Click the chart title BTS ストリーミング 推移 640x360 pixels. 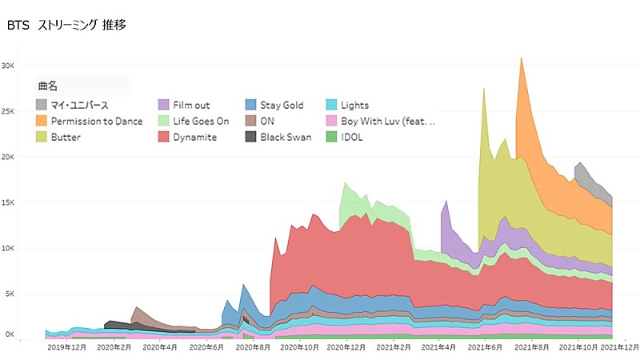click(66, 26)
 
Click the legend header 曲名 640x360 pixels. click(47, 86)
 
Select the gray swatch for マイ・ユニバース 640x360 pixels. click(42, 105)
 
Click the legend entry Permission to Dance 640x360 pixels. click(97, 121)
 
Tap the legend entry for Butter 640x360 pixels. click(66, 137)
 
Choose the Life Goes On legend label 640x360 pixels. click(201, 121)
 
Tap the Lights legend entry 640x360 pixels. click(354, 105)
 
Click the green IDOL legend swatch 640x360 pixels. click(331, 137)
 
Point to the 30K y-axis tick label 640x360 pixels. click(10, 66)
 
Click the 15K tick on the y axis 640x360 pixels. click(10, 203)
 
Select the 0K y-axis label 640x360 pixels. click(10, 334)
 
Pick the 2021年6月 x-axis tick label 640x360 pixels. click(483, 349)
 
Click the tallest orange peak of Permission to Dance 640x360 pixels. click(521, 59)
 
